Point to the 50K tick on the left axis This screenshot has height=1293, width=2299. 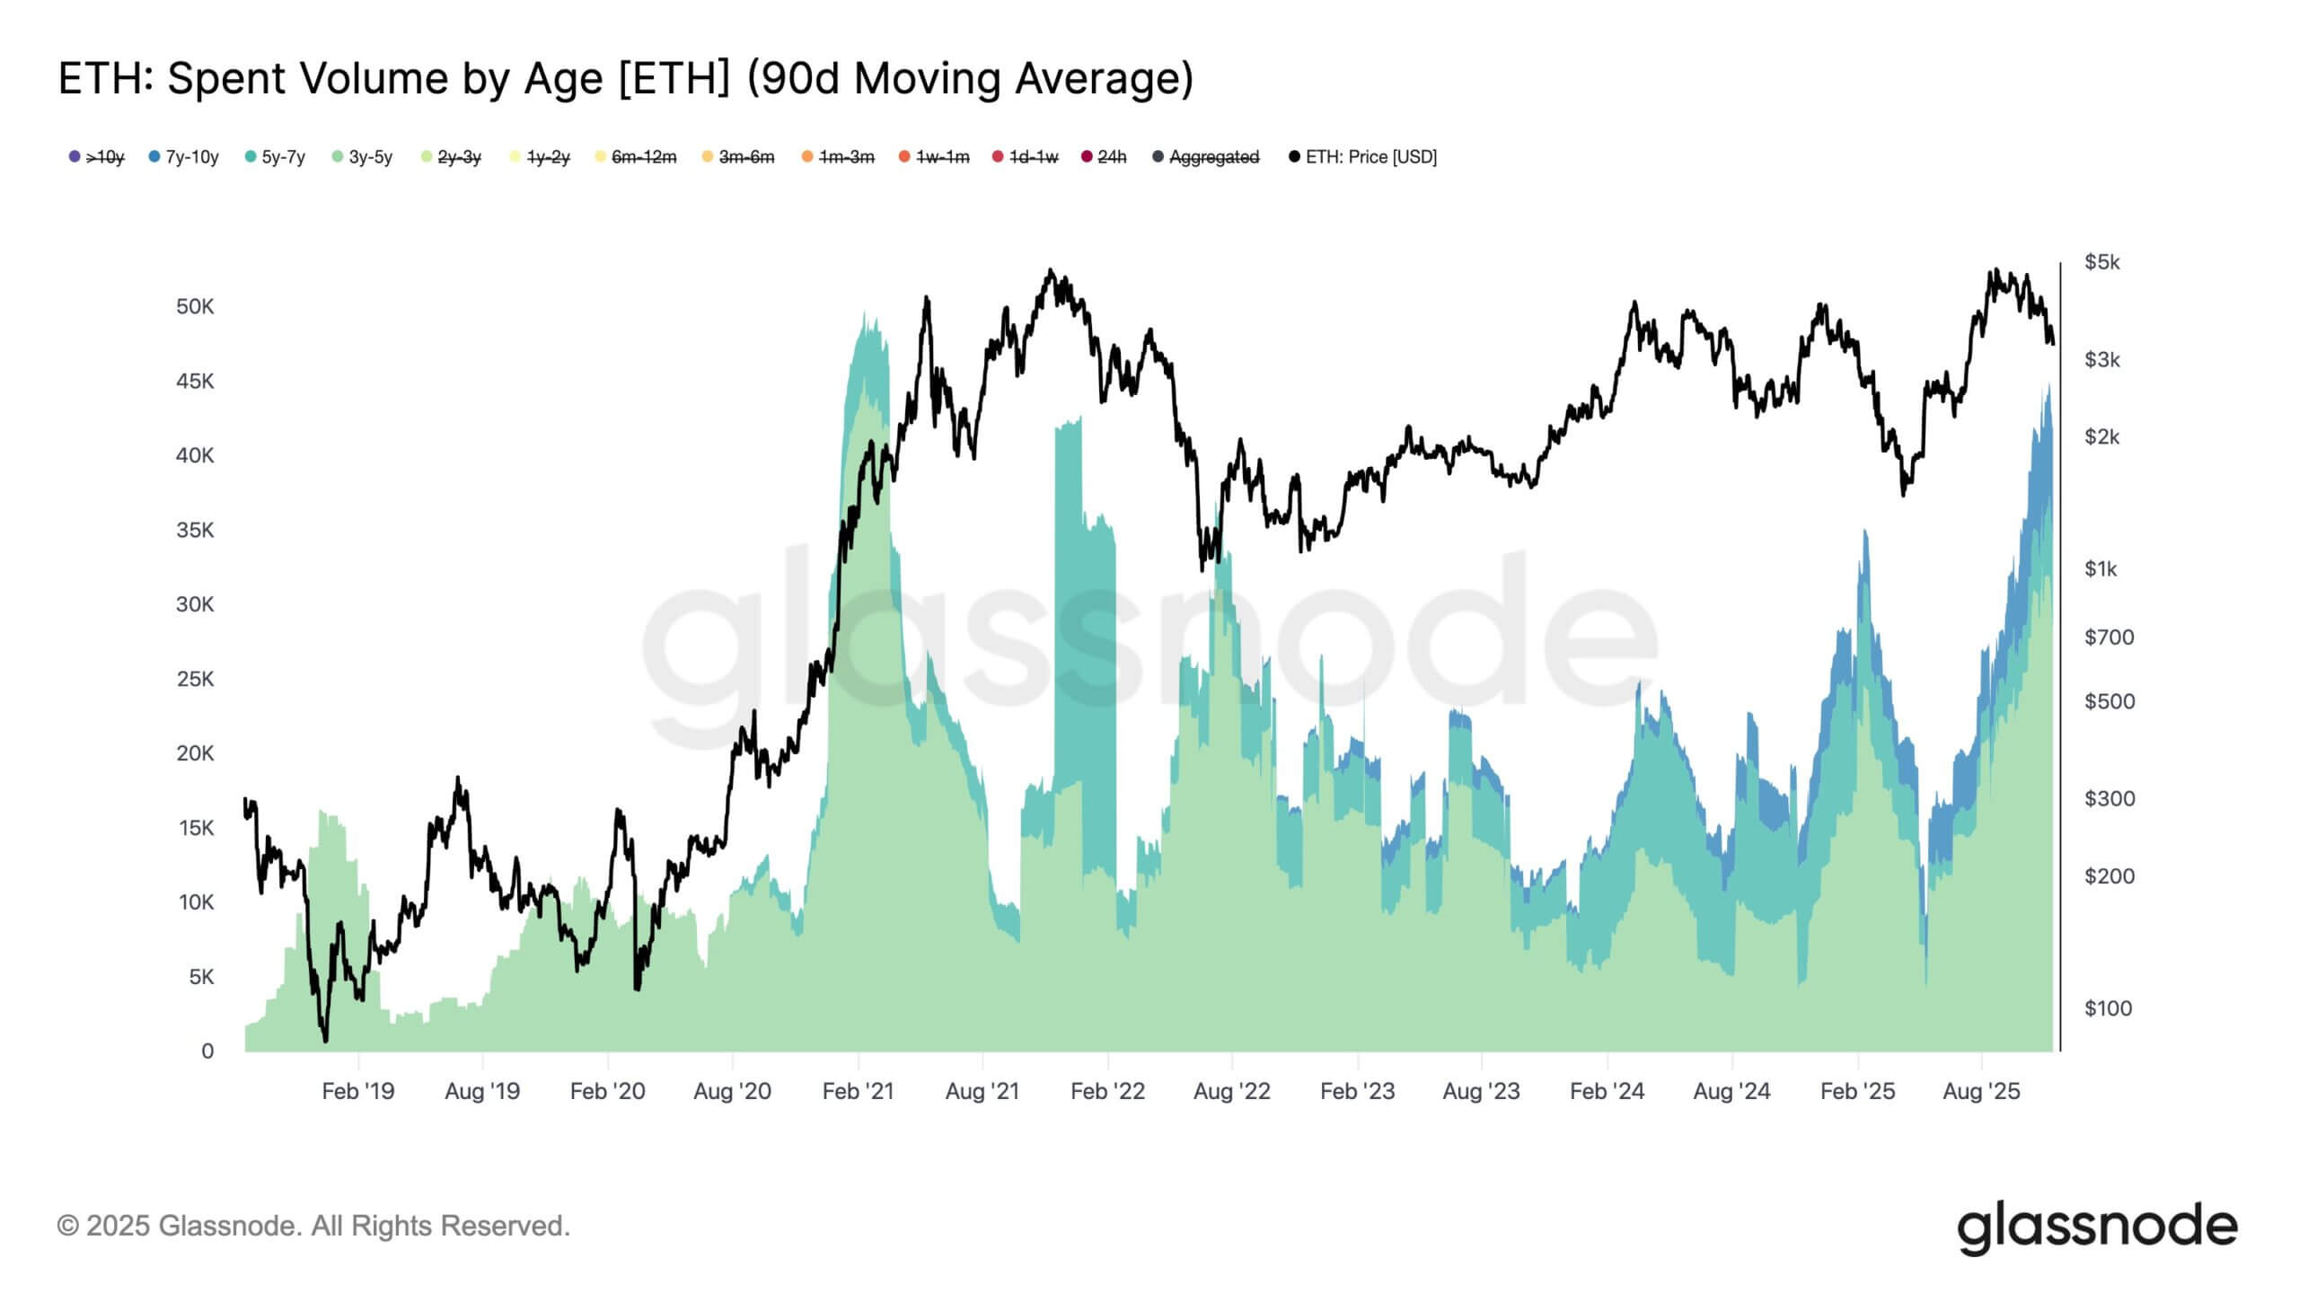tap(195, 307)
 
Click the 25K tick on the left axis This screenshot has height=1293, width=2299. tap(195, 679)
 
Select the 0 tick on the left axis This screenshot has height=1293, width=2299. tap(207, 1051)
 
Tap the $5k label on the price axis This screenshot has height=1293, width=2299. tap(2101, 262)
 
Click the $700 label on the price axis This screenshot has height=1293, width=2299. tap(2109, 638)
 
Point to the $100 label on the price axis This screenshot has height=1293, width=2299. tap(2108, 1008)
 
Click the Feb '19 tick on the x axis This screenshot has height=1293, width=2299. tap(357, 1092)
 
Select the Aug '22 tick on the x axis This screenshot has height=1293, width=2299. tap(1231, 1092)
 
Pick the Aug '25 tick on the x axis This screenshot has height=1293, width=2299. tap(1981, 1092)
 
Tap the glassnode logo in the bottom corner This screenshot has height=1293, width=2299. tap(2097, 1227)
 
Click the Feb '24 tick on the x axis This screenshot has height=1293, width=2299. tap(1607, 1092)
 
